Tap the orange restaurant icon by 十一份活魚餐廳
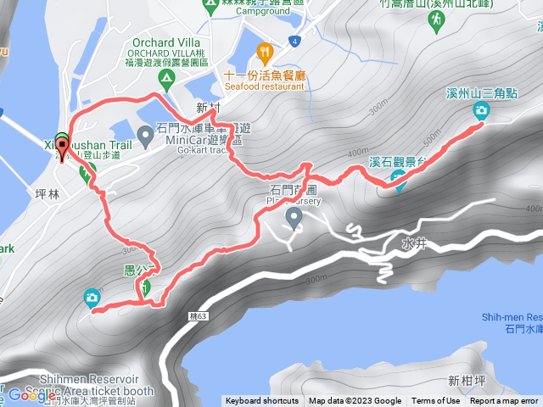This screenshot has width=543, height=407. [x=264, y=53]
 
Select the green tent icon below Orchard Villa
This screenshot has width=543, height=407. [x=167, y=81]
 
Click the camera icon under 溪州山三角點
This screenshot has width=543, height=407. [x=481, y=109]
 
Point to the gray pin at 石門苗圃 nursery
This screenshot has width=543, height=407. [x=294, y=219]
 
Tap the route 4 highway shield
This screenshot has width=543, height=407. [x=295, y=41]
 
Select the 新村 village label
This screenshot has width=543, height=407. [x=207, y=108]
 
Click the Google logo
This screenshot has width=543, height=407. [x=31, y=395]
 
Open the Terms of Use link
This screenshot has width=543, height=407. [x=436, y=401]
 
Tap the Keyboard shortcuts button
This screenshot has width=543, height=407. [x=261, y=401]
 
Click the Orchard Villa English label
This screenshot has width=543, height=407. [x=165, y=42]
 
